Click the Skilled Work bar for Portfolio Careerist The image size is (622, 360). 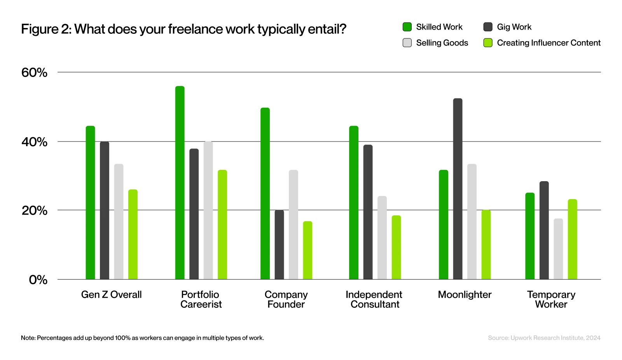[x=180, y=182]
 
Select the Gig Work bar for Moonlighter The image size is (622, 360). [x=458, y=189]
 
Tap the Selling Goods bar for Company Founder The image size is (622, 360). [x=293, y=224]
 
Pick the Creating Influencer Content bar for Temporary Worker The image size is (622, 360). [x=572, y=239]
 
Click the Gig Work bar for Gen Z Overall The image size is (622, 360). [x=105, y=210]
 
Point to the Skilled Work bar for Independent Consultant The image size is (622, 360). [x=353, y=203]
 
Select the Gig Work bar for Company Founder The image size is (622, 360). [x=279, y=245]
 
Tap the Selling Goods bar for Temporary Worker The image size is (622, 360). [x=558, y=249]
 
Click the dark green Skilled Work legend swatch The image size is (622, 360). [x=407, y=27]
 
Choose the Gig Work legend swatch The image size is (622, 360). [x=488, y=27]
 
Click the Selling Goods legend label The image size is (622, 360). [x=442, y=43]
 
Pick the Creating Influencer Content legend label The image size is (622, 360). [x=549, y=43]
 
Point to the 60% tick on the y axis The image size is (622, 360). [x=34, y=72]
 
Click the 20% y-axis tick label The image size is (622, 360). [x=34, y=211]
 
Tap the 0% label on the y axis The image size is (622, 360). [x=38, y=280]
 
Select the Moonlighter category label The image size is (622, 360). [x=465, y=294]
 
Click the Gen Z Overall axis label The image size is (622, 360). [x=111, y=294]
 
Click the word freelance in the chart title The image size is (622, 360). [x=195, y=29]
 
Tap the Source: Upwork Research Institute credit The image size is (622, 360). [x=544, y=338]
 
